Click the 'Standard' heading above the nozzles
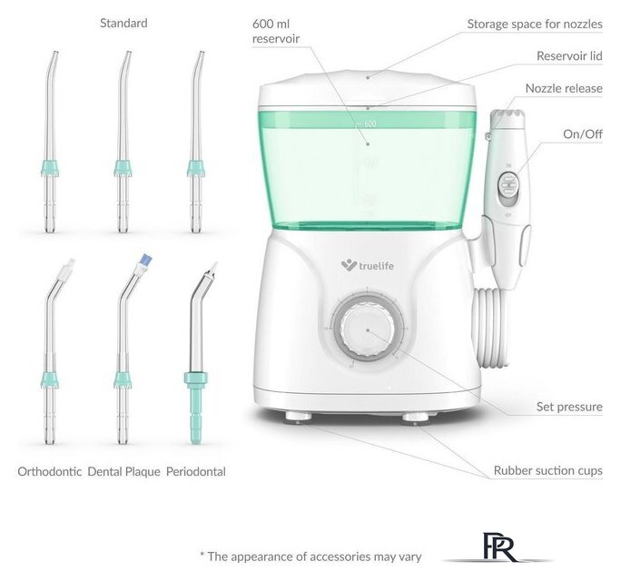(123, 23)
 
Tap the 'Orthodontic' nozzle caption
(50, 471)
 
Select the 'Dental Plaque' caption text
(124, 471)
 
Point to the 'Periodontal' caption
(195, 471)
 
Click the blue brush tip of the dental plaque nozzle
(146, 261)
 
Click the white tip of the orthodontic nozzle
(68, 268)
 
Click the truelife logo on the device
(367, 265)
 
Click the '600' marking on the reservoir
(370, 123)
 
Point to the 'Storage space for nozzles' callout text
(535, 25)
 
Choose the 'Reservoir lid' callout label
(569, 56)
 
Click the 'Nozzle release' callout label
(564, 88)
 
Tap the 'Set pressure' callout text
(569, 407)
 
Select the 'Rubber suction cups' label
(548, 470)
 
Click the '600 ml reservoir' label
(276, 31)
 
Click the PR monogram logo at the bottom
(499, 547)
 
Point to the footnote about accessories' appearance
(310, 556)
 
